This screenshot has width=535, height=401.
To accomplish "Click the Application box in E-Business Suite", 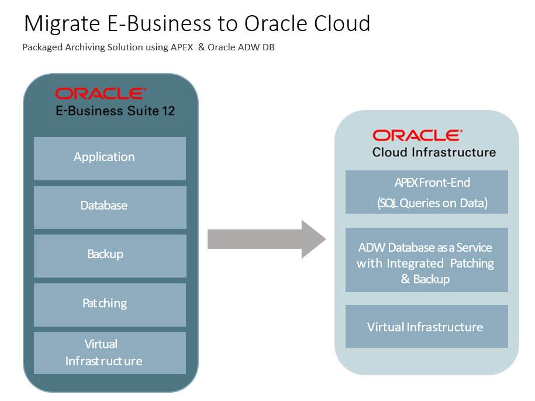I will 110,158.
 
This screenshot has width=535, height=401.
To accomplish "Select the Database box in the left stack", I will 110,207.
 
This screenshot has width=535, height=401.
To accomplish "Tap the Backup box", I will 110,255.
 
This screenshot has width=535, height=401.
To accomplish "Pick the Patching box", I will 110,304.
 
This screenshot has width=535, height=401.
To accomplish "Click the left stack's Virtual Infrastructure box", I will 110,352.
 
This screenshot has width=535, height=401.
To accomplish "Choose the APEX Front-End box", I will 426,192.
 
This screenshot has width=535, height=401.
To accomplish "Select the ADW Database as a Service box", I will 426,259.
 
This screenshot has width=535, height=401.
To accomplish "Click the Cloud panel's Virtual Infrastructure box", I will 426,326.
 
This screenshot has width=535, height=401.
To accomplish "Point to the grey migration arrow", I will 266,239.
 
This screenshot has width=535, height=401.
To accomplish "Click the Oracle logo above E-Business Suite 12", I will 101,94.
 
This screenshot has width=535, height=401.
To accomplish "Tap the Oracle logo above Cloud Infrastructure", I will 417,135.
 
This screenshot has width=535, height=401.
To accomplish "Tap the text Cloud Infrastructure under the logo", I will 434,152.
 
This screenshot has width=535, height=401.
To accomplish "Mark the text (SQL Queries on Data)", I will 432,204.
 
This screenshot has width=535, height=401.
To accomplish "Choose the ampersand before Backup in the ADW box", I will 405,279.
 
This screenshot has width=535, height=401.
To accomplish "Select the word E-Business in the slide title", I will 161,23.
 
